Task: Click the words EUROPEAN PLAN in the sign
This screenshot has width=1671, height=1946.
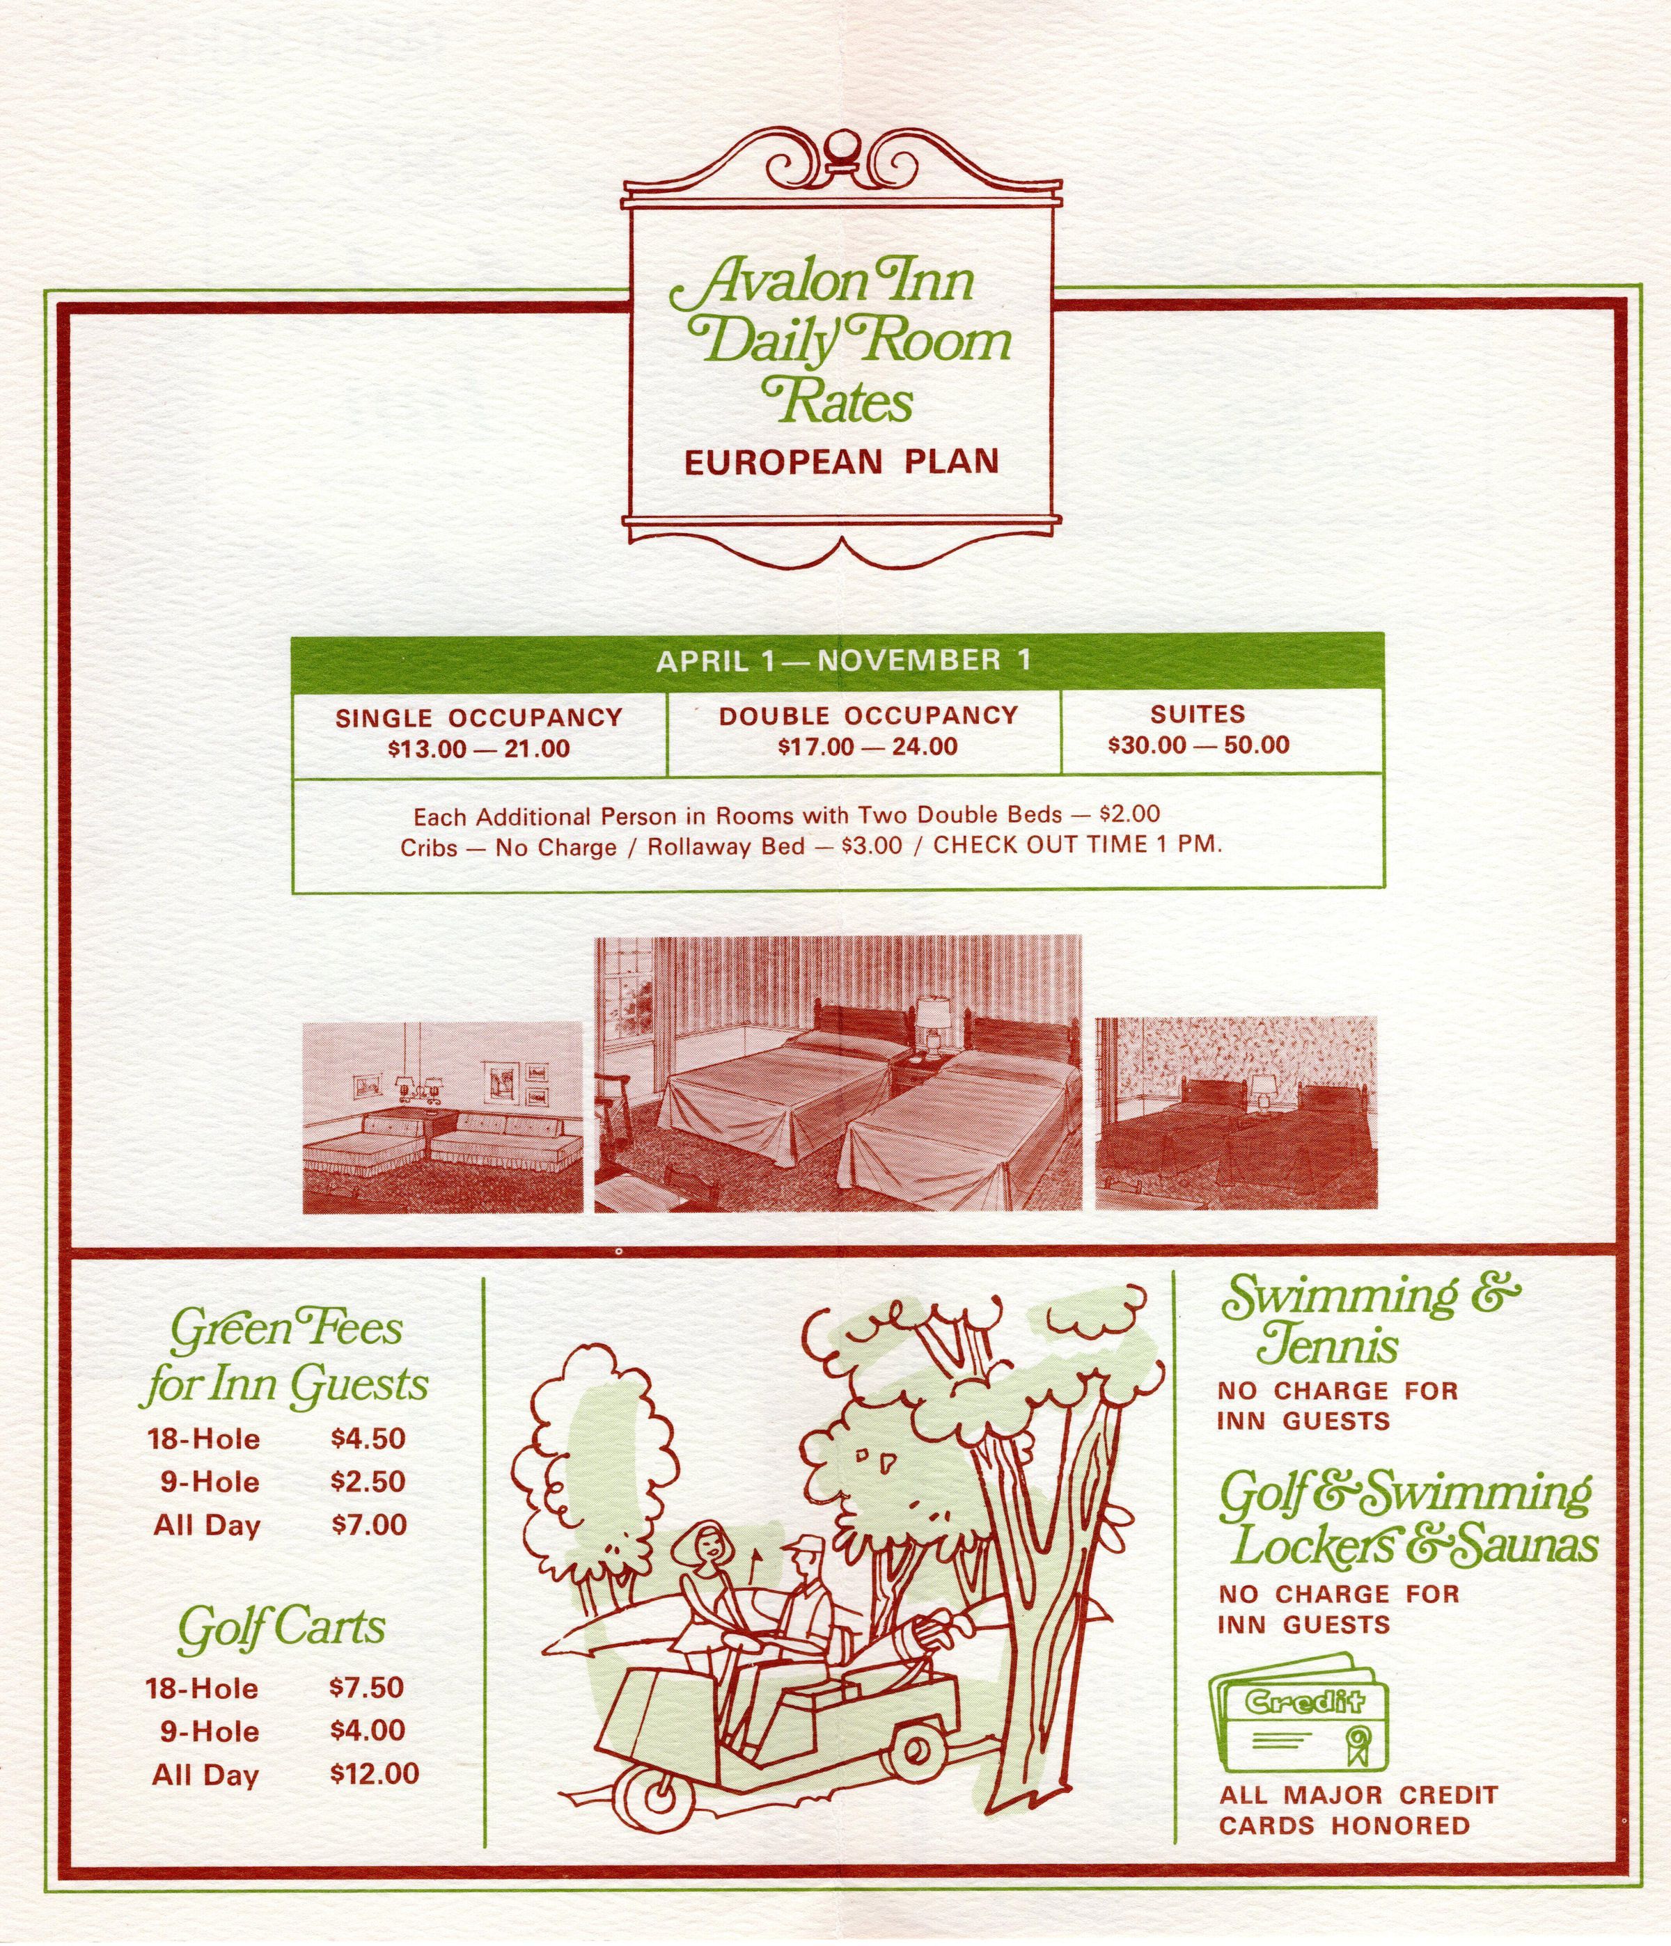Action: (840, 462)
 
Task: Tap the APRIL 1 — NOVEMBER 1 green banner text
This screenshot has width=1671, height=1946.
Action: (842, 660)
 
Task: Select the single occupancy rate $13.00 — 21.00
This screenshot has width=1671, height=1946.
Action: (478, 748)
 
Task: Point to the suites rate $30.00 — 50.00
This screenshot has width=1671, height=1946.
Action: (1198, 745)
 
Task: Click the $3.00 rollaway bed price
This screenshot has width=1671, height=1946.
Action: (872, 845)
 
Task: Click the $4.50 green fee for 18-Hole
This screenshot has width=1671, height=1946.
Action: (368, 1438)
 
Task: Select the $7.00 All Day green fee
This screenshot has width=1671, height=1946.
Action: (369, 1524)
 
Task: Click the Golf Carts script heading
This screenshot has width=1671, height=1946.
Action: (281, 1629)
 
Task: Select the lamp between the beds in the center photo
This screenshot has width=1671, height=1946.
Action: (934, 1019)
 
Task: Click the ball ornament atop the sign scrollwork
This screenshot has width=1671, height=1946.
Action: (838, 147)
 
